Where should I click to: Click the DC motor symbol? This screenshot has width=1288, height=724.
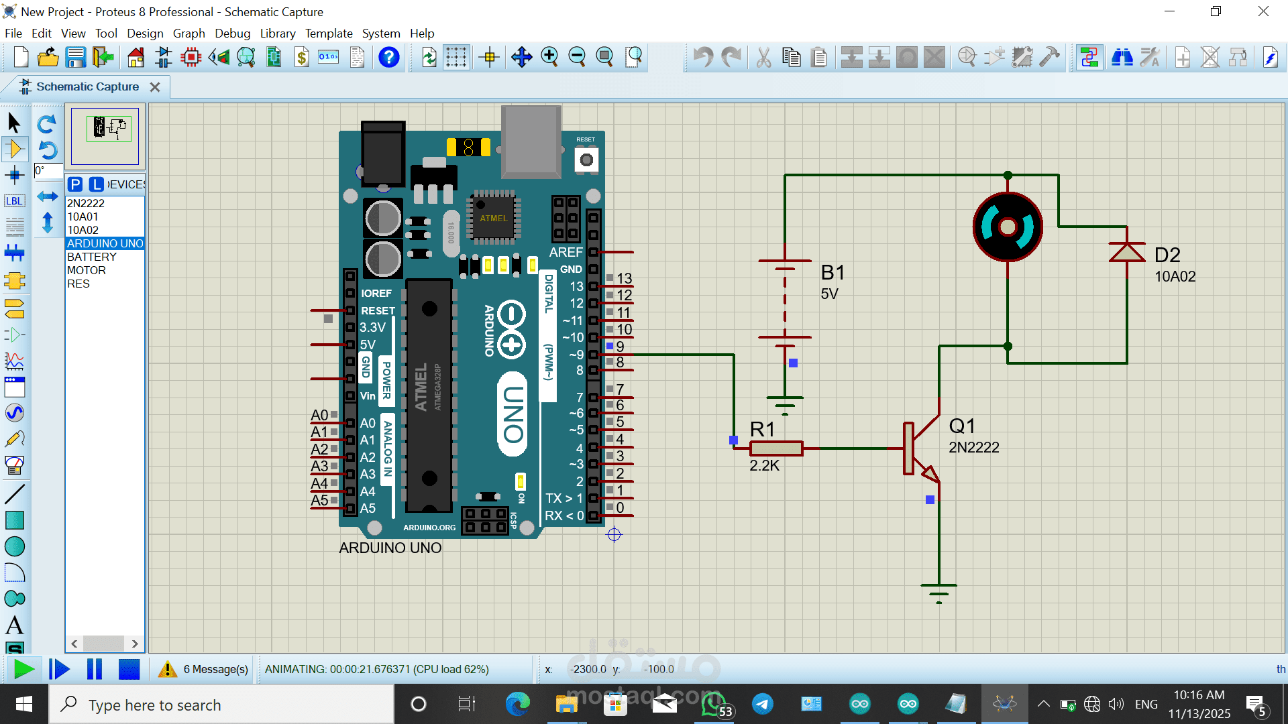click(x=1008, y=227)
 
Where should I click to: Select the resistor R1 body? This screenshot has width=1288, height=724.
click(x=776, y=448)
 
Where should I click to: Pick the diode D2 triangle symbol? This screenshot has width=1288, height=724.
click(x=1127, y=252)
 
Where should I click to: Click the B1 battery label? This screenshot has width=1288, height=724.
click(x=833, y=272)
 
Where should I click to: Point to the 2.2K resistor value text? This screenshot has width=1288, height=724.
click(x=764, y=466)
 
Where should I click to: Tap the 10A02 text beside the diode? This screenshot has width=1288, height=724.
click(x=1175, y=276)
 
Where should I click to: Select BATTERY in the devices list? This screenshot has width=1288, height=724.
click(x=92, y=257)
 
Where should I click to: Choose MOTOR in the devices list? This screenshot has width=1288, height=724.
click(x=87, y=270)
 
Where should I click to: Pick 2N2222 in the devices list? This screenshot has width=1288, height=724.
click(x=86, y=203)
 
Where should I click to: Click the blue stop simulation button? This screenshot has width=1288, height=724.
click(x=129, y=669)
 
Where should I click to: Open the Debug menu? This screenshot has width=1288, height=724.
click(x=232, y=34)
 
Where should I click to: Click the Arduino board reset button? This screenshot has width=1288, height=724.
click(x=586, y=160)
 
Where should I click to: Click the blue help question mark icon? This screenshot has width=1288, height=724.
click(x=389, y=58)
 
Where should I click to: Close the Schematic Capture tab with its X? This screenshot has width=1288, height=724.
click(x=155, y=87)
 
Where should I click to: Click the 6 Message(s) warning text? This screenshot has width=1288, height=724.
click(x=215, y=669)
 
